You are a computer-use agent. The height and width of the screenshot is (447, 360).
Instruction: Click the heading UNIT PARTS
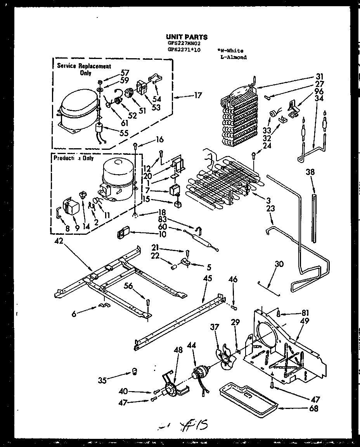pos(187,37)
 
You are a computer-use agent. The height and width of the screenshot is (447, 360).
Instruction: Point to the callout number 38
pos(310,172)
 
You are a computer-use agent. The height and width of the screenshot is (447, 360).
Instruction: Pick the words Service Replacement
pos(84,66)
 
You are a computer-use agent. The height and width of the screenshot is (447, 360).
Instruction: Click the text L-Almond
pos(233,57)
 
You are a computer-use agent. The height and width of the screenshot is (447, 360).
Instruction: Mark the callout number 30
pos(279,264)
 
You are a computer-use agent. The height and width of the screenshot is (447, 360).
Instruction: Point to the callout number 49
pos(305,321)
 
